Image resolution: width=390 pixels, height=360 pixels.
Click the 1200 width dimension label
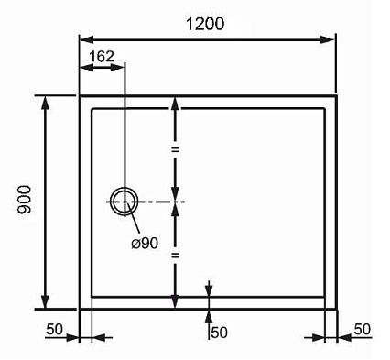(x=205, y=24)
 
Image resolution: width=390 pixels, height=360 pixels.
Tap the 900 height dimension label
(x=25, y=200)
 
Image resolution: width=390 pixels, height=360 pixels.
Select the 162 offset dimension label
(x=102, y=57)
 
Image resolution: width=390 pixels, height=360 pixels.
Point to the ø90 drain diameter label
(x=145, y=244)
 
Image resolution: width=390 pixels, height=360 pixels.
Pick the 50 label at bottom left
(x=54, y=329)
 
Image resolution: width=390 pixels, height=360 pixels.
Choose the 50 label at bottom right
(x=363, y=329)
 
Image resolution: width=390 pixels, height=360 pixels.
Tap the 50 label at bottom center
(x=219, y=333)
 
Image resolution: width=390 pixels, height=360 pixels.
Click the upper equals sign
(x=175, y=149)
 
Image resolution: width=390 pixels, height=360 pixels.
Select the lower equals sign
(x=175, y=256)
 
